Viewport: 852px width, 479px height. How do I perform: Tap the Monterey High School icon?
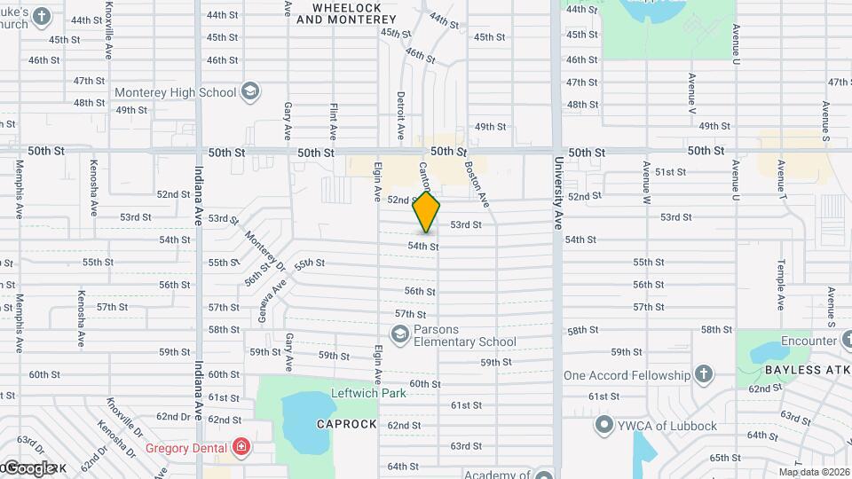[x=251, y=92]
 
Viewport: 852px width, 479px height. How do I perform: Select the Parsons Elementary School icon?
[x=399, y=334]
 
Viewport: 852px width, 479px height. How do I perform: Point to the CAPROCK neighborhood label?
[x=347, y=425]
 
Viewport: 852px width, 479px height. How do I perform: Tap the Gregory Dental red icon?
[x=240, y=446]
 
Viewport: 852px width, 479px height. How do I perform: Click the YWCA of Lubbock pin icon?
[x=606, y=425]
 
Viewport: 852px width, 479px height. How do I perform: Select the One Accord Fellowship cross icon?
[x=704, y=374]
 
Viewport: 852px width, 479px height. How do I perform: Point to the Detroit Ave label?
[x=401, y=114]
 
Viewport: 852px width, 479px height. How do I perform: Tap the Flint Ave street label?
[x=334, y=122]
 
